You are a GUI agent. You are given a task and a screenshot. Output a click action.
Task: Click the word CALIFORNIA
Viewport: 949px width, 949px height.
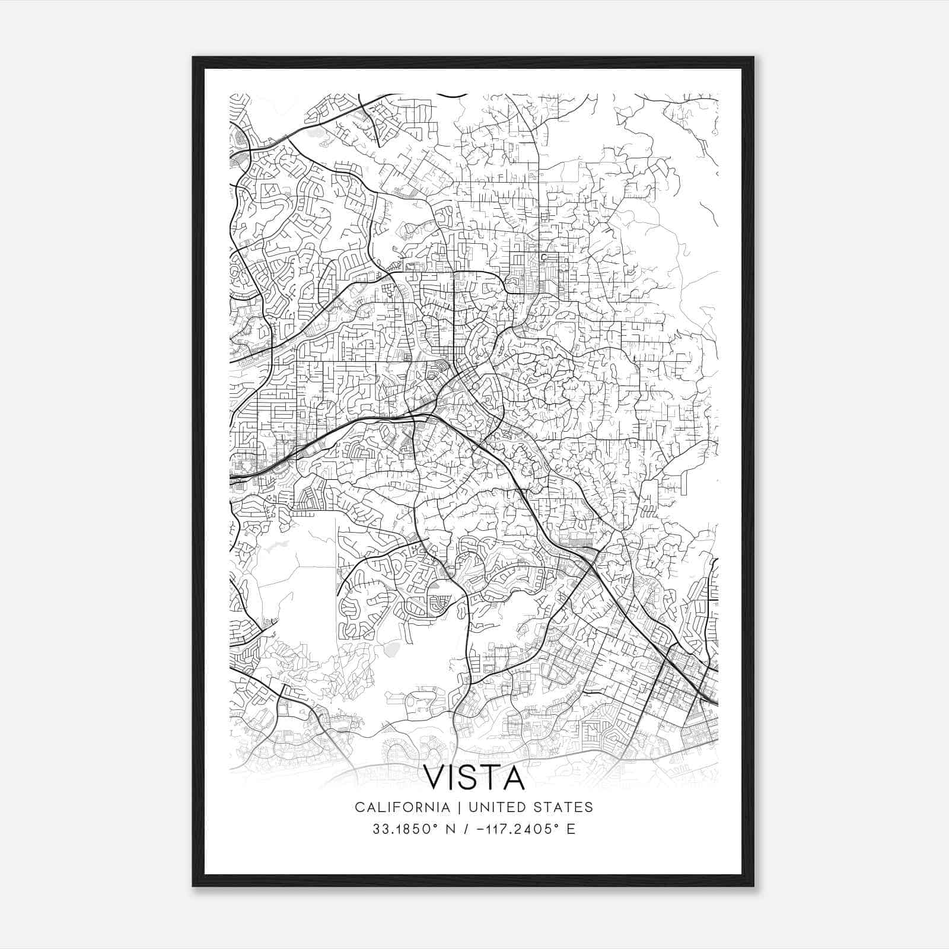402,807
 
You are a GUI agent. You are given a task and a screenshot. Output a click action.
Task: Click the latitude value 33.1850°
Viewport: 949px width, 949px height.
405,829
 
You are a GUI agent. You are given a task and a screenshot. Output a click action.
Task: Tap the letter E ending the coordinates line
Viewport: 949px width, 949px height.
571,829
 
